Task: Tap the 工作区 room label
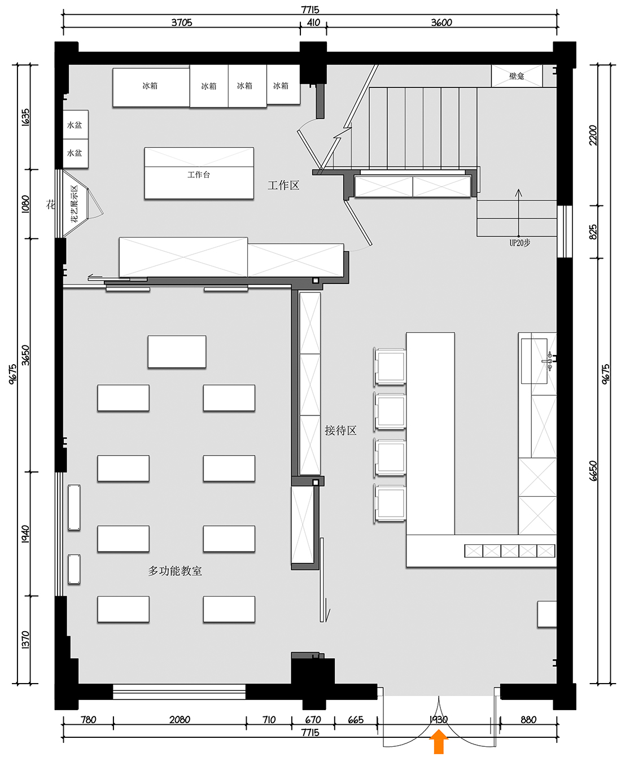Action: pyautogui.click(x=283, y=185)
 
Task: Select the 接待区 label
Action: pyautogui.click(x=340, y=431)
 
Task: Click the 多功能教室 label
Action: pyautogui.click(x=175, y=571)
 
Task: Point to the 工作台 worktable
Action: pyautogui.click(x=199, y=174)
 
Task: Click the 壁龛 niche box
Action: pyautogui.click(x=517, y=76)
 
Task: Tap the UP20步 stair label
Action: pyautogui.click(x=519, y=243)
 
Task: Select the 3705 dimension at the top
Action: pyautogui.click(x=182, y=23)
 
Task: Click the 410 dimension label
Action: pyautogui.click(x=313, y=23)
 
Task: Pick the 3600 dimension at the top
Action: pyautogui.click(x=441, y=23)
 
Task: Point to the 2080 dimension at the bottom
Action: pyautogui.click(x=180, y=720)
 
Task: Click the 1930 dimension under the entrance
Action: pyautogui.click(x=438, y=720)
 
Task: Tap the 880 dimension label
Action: pyautogui.click(x=528, y=720)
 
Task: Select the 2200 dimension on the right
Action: pyautogui.click(x=593, y=135)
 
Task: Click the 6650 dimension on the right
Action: pyautogui.click(x=593, y=470)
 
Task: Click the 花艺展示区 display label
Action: pyautogui.click(x=75, y=204)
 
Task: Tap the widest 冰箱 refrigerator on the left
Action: pyautogui.click(x=150, y=86)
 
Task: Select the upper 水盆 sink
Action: pyautogui.click(x=75, y=125)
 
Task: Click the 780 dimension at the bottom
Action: pyautogui.click(x=89, y=720)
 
